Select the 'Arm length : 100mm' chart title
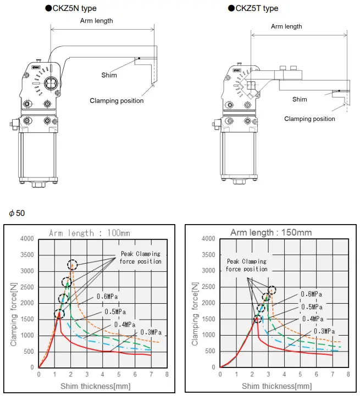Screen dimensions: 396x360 [x=90, y=233]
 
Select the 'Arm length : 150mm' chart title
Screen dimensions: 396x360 [x=270, y=232]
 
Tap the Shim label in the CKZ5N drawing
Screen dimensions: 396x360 [x=109, y=75]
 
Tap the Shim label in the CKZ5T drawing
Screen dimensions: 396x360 [x=300, y=99]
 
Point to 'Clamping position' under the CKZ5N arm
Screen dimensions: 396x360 [x=117, y=101]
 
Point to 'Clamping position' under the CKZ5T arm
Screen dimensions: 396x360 [x=309, y=119]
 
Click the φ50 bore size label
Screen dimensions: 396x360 [x=17, y=213]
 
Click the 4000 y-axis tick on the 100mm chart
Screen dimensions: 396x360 [x=26, y=239]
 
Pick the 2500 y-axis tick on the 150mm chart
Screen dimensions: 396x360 [x=207, y=287]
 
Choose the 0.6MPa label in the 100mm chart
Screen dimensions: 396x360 [x=108, y=297]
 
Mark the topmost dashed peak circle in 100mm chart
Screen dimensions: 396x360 [x=73, y=265]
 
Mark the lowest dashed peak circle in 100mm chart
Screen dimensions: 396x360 [x=59, y=314]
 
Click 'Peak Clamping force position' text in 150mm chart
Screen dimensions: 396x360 [x=247, y=265]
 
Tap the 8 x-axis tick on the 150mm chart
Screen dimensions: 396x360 [x=348, y=374]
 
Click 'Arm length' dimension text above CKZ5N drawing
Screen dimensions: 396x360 [x=97, y=21]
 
